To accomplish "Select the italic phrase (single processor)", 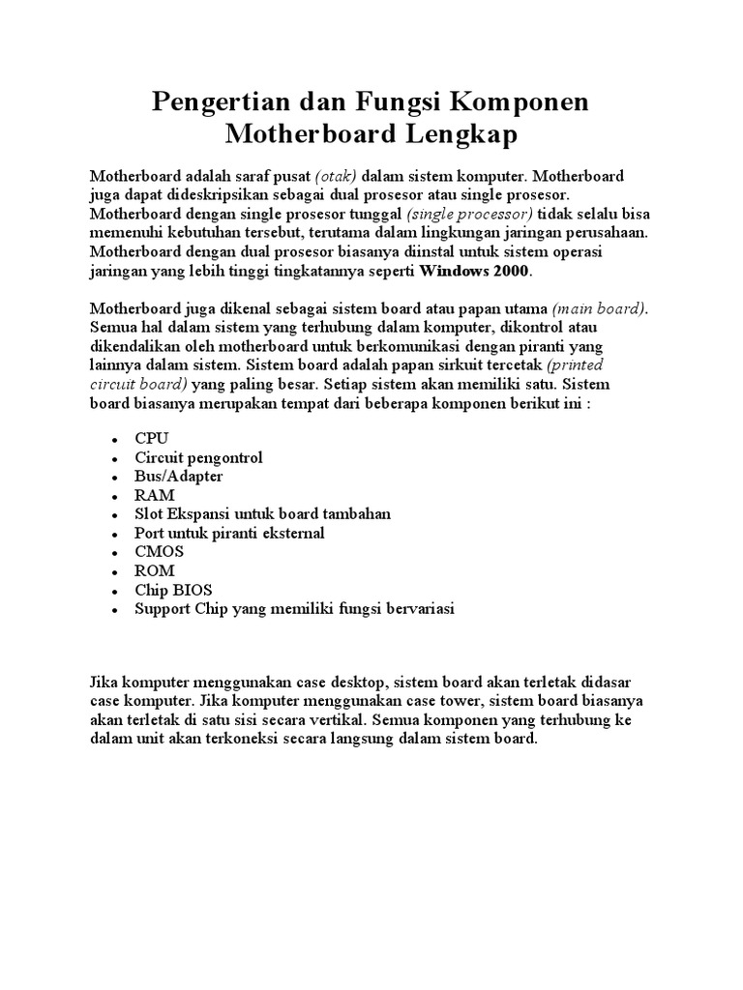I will tap(470, 215).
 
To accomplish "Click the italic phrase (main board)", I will tap(600, 308).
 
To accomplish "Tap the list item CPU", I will tap(152, 438).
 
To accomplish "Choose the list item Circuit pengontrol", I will tap(198, 457).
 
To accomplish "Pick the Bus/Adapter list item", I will tap(179, 476).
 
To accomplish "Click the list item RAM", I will tap(155, 495).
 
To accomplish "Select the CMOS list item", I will tap(160, 551).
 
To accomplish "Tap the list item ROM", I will tap(155, 570).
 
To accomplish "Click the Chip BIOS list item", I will tap(173, 590).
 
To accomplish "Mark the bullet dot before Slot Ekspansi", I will tap(114, 515).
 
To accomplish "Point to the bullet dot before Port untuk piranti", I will tap(114, 535).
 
